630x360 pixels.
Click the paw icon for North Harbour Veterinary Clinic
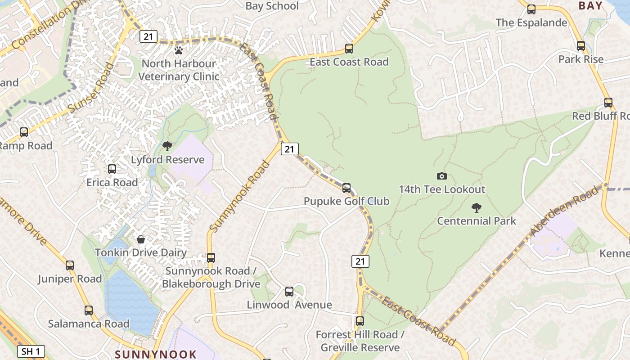point(179,50)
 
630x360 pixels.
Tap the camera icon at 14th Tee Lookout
point(442,176)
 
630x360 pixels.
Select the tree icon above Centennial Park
point(476,207)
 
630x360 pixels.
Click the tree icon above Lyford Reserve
point(167,146)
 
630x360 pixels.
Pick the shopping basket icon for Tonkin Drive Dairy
point(141,239)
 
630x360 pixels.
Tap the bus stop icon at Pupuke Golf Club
point(346,188)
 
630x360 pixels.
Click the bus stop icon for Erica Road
point(112,169)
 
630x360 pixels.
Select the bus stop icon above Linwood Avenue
point(289,291)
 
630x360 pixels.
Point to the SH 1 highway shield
point(31,351)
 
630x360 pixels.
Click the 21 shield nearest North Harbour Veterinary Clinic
point(148,36)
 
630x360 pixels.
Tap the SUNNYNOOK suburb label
point(156,354)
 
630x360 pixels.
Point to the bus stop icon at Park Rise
point(581,46)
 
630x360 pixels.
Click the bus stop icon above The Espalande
point(531,9)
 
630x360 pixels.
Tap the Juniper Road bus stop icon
point(70,265)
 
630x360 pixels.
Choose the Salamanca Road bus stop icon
point(89,310)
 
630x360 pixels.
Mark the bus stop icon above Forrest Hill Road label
point(360,321)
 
